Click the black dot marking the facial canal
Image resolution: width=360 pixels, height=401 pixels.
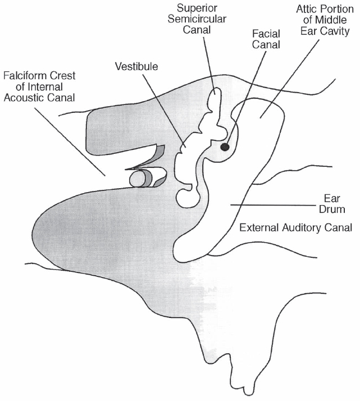[225, 147]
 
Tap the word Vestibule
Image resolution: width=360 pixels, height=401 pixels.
[136, 66]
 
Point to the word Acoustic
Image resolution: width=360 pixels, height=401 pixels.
[24, 97]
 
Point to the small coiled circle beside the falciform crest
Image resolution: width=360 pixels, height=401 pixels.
[137, 180]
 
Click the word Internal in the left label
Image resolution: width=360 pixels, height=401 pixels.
[42, 86]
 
